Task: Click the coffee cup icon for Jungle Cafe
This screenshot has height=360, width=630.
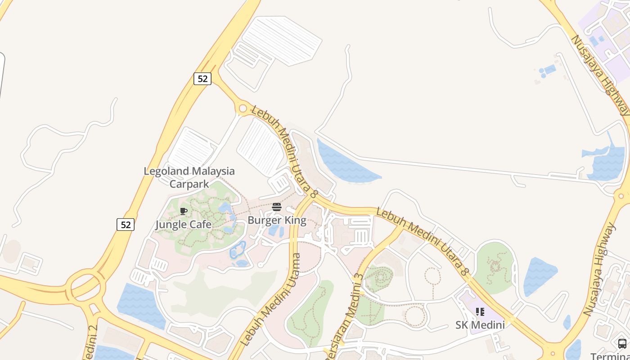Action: coord(183,211)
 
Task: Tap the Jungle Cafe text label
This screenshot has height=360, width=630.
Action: coord(184,224)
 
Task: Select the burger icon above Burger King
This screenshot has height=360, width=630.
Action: coord(277,207)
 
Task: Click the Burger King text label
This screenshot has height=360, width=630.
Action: coord(277,220)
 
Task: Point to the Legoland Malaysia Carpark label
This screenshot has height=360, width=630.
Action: coord(189,177)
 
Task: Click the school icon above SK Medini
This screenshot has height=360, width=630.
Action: coord(480,311)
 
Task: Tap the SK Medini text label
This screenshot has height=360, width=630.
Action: coord(480,324)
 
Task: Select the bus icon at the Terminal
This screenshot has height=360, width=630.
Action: coord(622,344)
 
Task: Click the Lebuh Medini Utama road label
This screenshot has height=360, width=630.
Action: coord(271,300)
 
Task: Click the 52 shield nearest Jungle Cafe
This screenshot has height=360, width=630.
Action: coord(126,224)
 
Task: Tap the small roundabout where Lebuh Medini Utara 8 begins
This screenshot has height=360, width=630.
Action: coord(243,108)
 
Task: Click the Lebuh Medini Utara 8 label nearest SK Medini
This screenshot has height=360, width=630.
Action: coord(423,241)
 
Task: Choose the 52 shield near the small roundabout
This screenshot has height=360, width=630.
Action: coord(202,79)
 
